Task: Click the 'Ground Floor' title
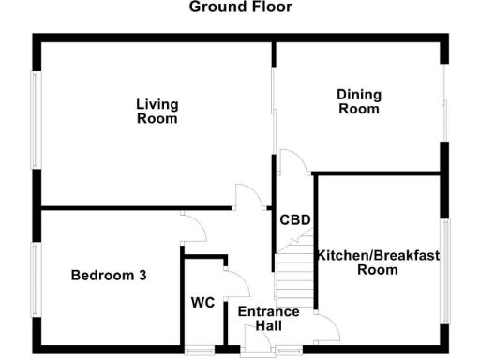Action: (240, 7)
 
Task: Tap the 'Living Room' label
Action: (157, 112)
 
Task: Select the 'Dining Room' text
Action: (358, 101)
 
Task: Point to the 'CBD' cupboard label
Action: (294, 221)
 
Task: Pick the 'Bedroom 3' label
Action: (109, 276)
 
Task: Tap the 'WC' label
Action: (203, 303)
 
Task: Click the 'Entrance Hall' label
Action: (268, 319)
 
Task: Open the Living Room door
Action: (246, 197)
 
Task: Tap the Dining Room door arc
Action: (292, 164)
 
